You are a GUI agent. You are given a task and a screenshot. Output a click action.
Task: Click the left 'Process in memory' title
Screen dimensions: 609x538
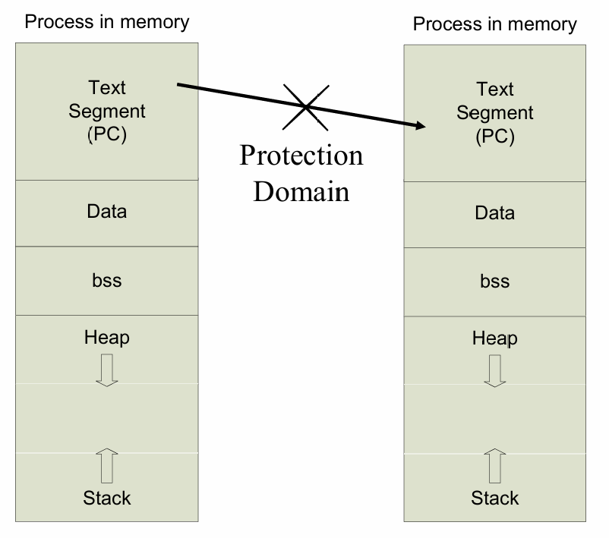tap(107, 22)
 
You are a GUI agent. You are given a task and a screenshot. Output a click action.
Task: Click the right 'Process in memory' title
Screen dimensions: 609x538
tap(495, 24)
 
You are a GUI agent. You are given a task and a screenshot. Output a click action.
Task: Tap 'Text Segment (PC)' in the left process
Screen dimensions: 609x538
tap(107, 112)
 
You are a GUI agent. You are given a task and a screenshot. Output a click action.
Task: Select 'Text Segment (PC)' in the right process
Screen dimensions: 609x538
tap(495, 113)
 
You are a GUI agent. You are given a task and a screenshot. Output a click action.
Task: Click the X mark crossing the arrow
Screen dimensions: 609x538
tap(306, 107)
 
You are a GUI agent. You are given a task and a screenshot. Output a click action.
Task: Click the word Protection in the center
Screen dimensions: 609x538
tap(301, 156)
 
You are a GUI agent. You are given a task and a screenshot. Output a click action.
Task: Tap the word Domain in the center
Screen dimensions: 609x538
tap(301, 192)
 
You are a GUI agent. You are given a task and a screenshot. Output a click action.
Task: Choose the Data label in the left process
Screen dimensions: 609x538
tap(107, 212)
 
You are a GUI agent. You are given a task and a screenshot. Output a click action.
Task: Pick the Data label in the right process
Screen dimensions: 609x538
tap(495, 213)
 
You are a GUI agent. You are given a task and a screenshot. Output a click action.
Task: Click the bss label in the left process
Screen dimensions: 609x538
tap(107, 280)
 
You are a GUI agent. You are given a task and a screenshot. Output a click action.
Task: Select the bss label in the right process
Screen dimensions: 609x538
tap(495, 282)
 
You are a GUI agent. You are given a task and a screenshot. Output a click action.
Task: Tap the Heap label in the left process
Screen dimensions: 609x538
tap(107, 338)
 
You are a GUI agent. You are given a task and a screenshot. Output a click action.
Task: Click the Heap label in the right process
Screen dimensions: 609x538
tap(495, 338)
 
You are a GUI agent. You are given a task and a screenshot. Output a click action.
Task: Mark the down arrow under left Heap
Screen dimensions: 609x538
tap(107, 370)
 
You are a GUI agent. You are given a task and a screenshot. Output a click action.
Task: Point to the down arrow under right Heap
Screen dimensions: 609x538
tap(495, 371)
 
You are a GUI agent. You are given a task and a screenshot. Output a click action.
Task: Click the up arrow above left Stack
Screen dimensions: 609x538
tap(107, 466)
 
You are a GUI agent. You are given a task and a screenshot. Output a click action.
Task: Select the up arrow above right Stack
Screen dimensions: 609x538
tap(495, 466)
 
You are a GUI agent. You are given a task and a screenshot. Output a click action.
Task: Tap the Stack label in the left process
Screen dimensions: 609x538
tap(107, 498)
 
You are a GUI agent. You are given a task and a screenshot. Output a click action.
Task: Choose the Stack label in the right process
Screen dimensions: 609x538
tap(495, 498)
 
